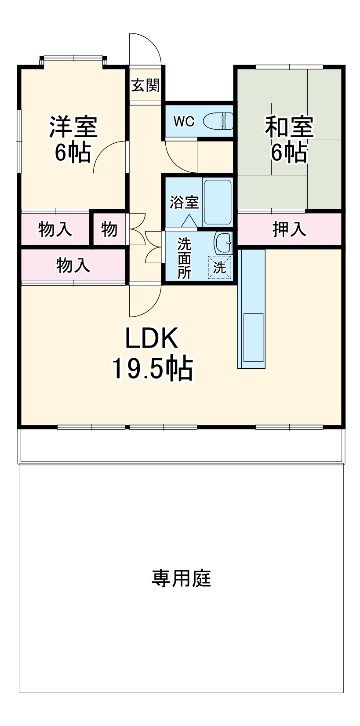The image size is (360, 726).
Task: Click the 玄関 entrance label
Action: tap(145, 85)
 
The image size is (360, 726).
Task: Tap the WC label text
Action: tap(184, 121)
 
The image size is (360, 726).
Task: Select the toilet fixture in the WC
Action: tap(218, 121)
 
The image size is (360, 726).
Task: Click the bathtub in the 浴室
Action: tap(218, 201)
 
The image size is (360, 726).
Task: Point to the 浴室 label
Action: tap(185, 203)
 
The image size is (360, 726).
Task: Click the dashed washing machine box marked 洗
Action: tap(219, 266)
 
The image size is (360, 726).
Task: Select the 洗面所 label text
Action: tap(185, 258)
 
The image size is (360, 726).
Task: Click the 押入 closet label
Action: tap(289, 229)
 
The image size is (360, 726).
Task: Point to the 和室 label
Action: tap(289, 127)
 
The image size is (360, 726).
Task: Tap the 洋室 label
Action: tap(73, 127)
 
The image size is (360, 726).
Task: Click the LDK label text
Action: tap(152, 338)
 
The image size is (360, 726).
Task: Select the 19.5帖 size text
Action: tap(152, 368)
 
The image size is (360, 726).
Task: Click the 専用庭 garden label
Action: tap(181, 578)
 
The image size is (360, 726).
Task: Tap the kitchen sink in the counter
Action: tap(253, 338)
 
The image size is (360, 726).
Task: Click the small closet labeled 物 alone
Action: tap(109, 229)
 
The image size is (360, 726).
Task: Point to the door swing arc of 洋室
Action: tap(105, 154)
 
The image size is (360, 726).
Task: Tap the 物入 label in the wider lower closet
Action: tap(73, 265)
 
